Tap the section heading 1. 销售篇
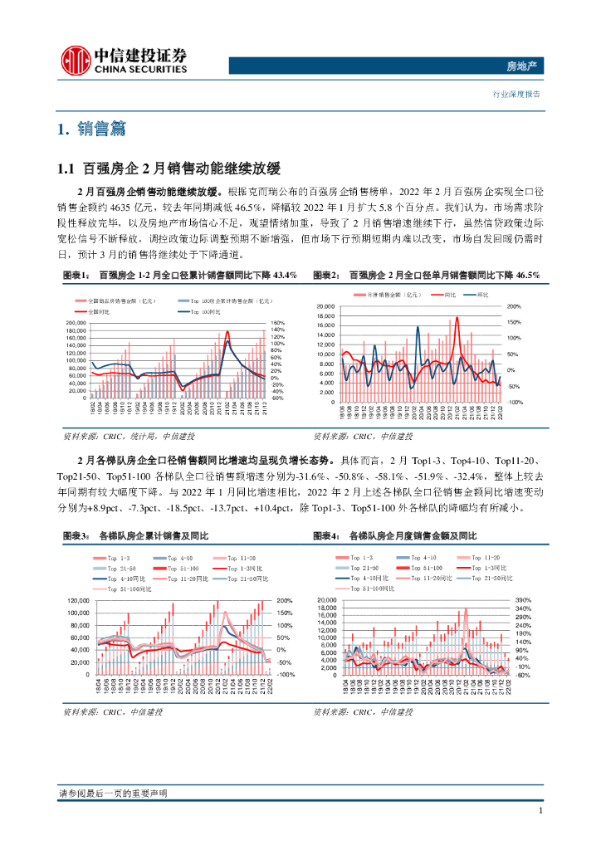(92, 129)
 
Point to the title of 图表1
(179, 276)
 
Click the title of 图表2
(426, 276)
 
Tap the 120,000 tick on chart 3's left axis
(77, 600)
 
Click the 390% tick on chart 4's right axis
(522, 599)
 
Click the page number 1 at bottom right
(540, 810)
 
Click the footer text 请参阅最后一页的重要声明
(113, 794)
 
